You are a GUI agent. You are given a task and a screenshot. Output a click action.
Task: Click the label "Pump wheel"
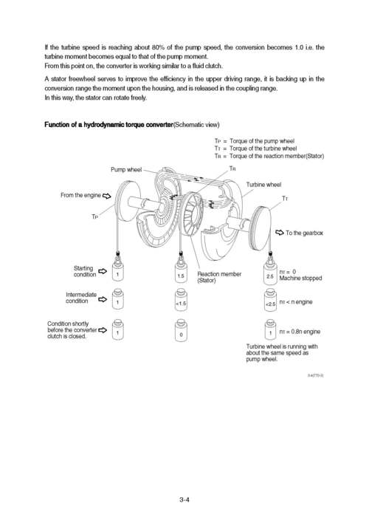click(x=126, y=170)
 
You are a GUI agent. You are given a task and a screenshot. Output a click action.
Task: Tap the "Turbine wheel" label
click(x=263, y=184)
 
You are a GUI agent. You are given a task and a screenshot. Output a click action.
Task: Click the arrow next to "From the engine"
click(x=106, y=196)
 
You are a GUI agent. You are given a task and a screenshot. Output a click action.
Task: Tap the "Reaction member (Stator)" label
click(x=219, y=277)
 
